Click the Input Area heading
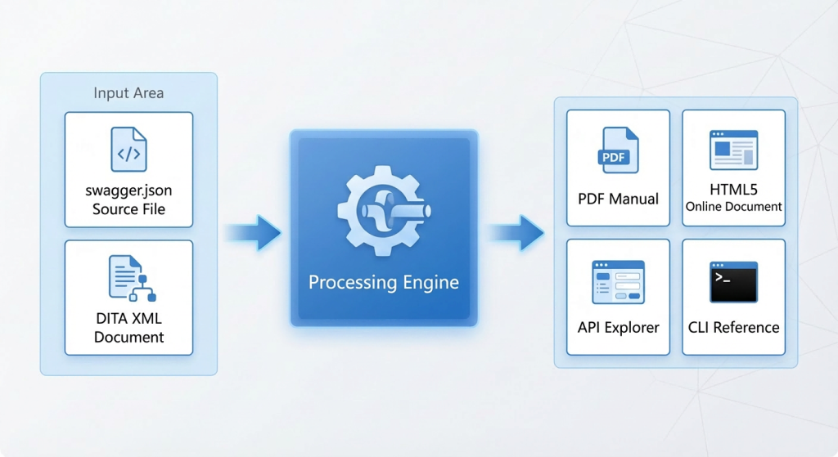128,93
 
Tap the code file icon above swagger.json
128,149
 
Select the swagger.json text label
128,191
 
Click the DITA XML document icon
132,278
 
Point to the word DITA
111,319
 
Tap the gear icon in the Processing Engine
384,211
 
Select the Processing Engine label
384,282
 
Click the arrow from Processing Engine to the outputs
516,233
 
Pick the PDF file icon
618,150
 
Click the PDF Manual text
619,199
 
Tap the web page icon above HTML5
734,150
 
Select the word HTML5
734,190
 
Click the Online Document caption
734,207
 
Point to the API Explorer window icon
619,282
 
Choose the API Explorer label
619,327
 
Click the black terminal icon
734,282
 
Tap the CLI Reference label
734,327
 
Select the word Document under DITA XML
128,338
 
